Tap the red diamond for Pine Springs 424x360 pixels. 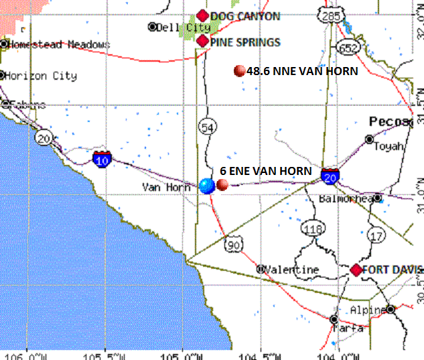click(203, 41)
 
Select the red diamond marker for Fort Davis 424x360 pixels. click(356, 269)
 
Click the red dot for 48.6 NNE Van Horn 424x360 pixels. click(239, 70)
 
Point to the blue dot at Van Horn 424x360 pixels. click(207, 186)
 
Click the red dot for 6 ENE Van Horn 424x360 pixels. click(222, 185)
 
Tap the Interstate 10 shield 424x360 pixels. click(102, 159)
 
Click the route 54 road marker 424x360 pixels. click(206, 127)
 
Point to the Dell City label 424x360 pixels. click(181, 27)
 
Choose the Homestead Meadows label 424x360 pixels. click(58, 44)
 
